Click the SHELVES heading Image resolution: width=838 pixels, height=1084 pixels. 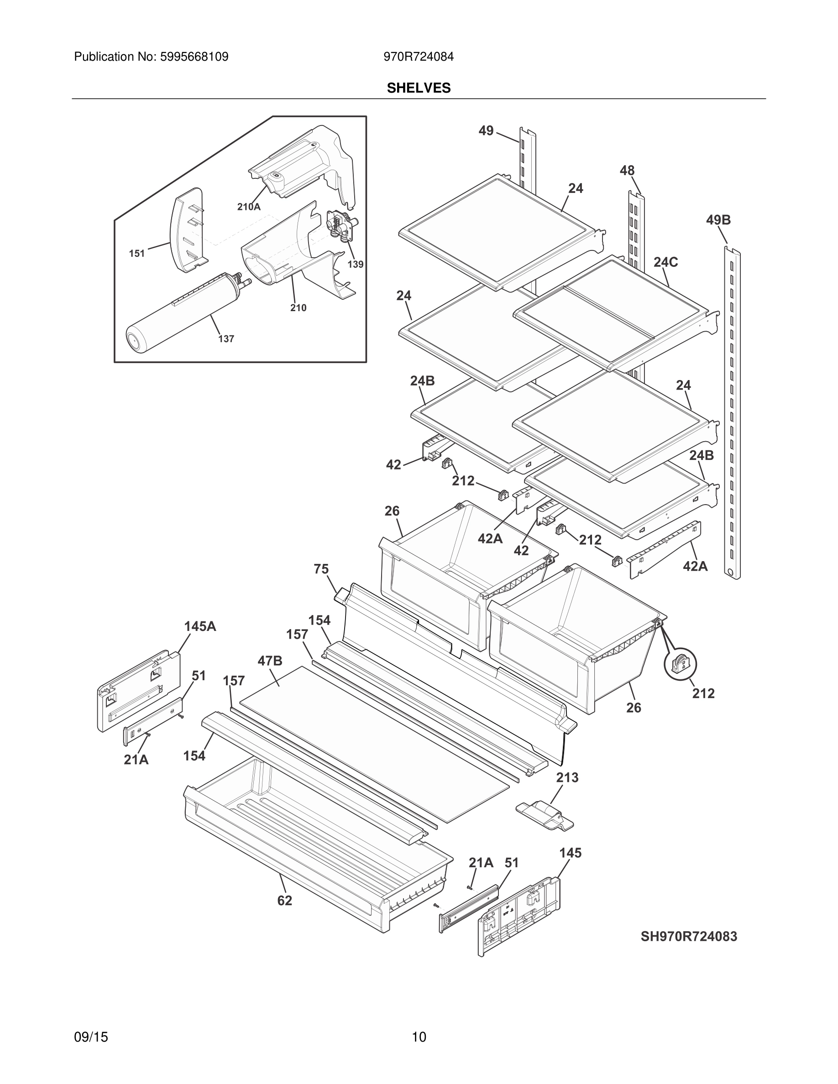(419, 88)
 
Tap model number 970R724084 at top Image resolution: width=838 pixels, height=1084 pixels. (418, 57)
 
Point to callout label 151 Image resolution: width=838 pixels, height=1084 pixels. (136, 254)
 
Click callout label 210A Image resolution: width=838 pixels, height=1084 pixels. (248, 207)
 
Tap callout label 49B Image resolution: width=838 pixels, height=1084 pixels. (718, 220)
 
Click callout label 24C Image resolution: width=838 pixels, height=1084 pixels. (665, 262)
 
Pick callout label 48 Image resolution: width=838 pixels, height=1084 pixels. (627, 171)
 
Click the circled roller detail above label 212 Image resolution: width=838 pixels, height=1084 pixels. (680, 664)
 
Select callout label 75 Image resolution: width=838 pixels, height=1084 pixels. (321, 569)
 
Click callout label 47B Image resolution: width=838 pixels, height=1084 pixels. (270, 661)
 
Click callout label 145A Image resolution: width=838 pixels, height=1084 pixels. (200, 626)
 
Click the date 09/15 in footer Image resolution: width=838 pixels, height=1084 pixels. (91, 1023)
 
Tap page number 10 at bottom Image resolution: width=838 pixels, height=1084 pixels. (419, 1023)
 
